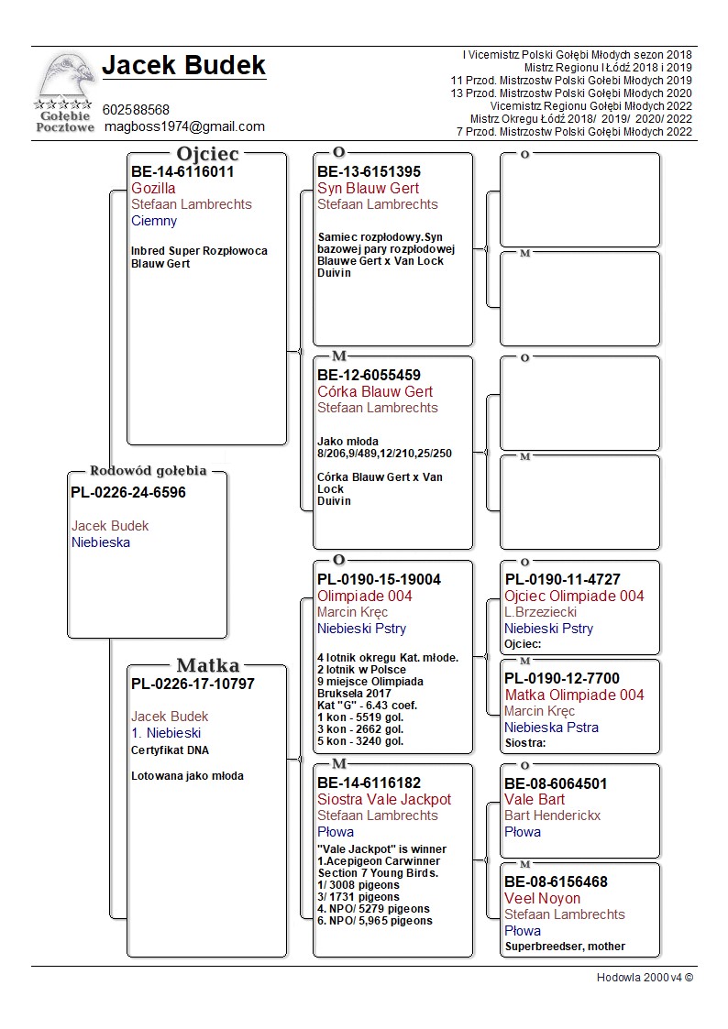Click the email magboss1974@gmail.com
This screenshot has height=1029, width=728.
point(184,126)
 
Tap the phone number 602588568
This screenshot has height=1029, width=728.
point(136,110)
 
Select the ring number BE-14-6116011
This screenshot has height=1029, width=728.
point(182,171)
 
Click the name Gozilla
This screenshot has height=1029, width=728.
point(153,188)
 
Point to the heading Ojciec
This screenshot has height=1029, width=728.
point(207,154)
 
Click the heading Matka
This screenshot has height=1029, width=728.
point(207,665)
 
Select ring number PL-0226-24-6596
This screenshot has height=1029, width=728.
point(128,493)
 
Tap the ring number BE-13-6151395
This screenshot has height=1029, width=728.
point(370,171)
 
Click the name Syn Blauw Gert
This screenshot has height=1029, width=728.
point(369,188)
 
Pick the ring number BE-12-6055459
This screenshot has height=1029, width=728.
point(370,375)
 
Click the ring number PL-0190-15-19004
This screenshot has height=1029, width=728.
point(379,579)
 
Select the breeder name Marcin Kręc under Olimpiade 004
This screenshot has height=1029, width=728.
point(352,612)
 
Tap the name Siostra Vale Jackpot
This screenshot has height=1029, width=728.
point(384,799)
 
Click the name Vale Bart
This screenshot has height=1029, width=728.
point(535,799)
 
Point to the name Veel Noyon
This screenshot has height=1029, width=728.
point(542,898)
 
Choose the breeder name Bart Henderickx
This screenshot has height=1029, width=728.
point(553,816)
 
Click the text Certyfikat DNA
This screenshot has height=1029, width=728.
point(170,750)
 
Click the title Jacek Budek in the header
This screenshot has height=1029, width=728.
point(183,65)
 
